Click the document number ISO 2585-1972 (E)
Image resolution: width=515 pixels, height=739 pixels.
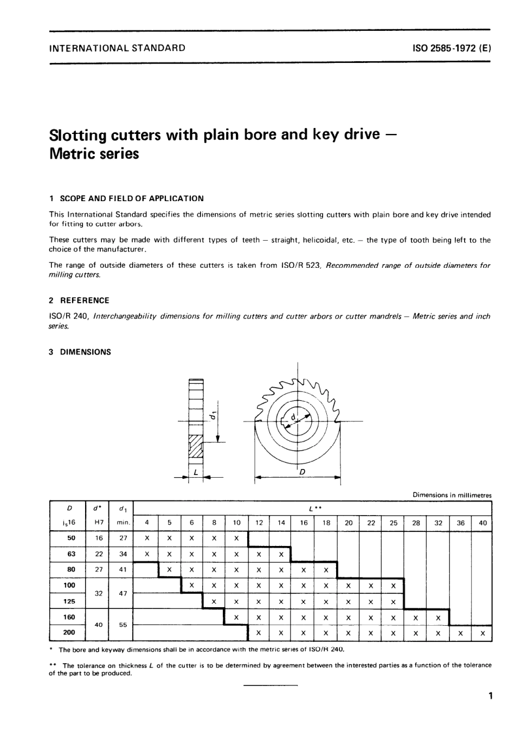452,48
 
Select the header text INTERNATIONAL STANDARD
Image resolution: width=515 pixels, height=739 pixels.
117,48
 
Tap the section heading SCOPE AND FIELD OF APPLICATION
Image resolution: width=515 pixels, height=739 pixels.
131,198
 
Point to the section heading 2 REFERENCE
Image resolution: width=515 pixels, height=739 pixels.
79,300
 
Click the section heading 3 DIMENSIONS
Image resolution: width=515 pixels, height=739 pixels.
80,352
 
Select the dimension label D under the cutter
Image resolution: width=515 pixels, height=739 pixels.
302,472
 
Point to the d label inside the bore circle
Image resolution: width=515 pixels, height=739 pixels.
293,417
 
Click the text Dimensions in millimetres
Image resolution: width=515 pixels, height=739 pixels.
452,495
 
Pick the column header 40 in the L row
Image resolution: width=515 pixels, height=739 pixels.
482,523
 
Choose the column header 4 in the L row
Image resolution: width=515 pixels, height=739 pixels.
146,523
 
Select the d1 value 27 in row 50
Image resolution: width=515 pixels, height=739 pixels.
123,538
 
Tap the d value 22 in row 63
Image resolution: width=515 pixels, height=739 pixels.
99,554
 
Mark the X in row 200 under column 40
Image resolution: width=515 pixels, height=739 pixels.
482,633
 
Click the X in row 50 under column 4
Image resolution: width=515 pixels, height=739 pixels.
146,538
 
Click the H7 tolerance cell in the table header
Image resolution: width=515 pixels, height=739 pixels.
99,523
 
